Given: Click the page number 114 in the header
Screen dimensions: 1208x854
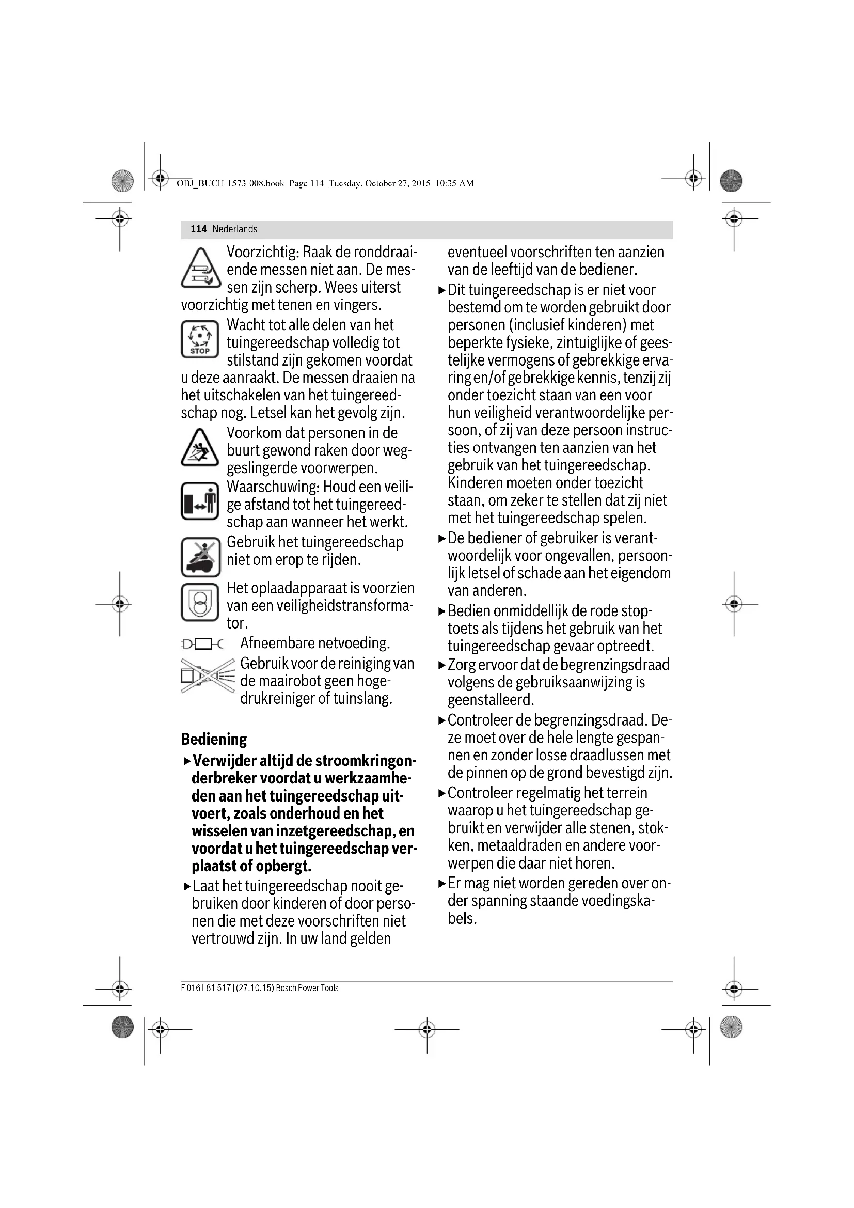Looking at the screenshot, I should tap(198, 229).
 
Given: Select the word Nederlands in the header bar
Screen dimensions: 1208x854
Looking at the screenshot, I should tap(235, 229).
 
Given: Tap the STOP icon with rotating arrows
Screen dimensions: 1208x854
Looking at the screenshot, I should tap(200, 339).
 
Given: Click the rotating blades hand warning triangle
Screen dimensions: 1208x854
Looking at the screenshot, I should tap(200, 269).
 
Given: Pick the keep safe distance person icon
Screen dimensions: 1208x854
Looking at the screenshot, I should tap(200, 501).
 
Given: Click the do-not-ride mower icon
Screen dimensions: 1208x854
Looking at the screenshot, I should tap(200, 557).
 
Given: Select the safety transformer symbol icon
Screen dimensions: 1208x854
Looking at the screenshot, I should tap(200, 602).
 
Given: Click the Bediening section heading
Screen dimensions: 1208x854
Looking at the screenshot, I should tap(214, 739).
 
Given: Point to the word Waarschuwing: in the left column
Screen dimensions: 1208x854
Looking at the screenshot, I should tap(273, 487).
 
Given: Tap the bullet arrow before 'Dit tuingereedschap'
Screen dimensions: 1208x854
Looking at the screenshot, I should tap(442, 290).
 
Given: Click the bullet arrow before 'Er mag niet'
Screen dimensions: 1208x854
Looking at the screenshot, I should tap(442, 883).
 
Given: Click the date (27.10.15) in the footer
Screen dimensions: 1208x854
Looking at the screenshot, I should tap(255, 988).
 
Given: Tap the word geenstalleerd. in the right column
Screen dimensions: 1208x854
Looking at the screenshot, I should tap(491, 700).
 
